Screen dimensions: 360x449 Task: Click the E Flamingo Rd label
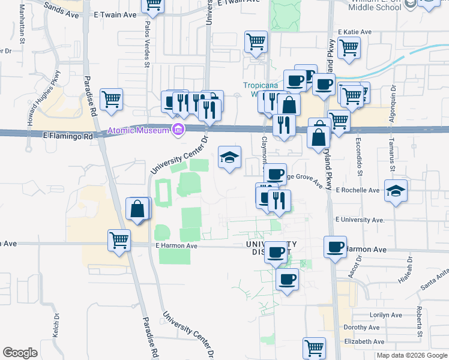[x=70, y=137]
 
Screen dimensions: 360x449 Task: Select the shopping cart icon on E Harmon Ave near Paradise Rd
[x=119, y=240]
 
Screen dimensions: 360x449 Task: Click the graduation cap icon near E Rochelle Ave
[x=396, y=191]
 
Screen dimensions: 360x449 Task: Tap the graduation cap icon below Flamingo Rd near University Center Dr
[x=229, y=158]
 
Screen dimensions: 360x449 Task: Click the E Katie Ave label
[x=355, y=32]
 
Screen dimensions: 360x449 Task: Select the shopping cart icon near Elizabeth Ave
[x=314, y=347]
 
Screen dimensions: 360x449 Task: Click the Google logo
[x=20, y=352]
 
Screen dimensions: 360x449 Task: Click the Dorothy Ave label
[x=361, y=328]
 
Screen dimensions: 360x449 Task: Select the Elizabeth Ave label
[x=364, y=341]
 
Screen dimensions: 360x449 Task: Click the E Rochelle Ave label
[x=358, y=190]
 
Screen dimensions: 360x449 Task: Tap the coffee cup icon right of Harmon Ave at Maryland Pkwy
[x=335, y=246]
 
